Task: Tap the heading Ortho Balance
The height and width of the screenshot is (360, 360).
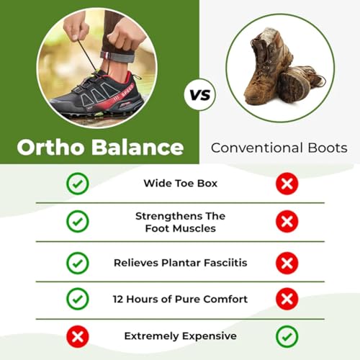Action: pos(99,148)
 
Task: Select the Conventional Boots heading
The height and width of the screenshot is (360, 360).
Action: pos(279,148)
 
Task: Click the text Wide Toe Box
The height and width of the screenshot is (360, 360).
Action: pos(180,184)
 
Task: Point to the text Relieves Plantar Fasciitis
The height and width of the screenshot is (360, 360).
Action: pos(180,263)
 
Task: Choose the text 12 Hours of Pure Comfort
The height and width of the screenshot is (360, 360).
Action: pos(180,299)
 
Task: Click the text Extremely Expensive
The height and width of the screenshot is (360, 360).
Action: pos(180,336)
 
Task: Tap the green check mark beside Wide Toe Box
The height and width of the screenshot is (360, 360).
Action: pos(77,184)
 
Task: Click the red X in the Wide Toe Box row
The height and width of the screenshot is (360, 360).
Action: pos(287,184)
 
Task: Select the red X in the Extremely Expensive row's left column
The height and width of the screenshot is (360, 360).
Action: pos(77,336)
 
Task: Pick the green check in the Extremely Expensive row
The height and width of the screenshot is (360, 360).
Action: pos(287,336)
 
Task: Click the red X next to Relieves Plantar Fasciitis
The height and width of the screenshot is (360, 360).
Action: pos(287,263)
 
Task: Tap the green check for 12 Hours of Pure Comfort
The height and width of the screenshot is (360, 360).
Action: pos(77,299)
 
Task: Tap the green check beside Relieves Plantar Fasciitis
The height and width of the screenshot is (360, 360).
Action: pos(77,263)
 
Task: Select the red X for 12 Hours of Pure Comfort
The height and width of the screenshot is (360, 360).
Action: pos(287,299)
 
